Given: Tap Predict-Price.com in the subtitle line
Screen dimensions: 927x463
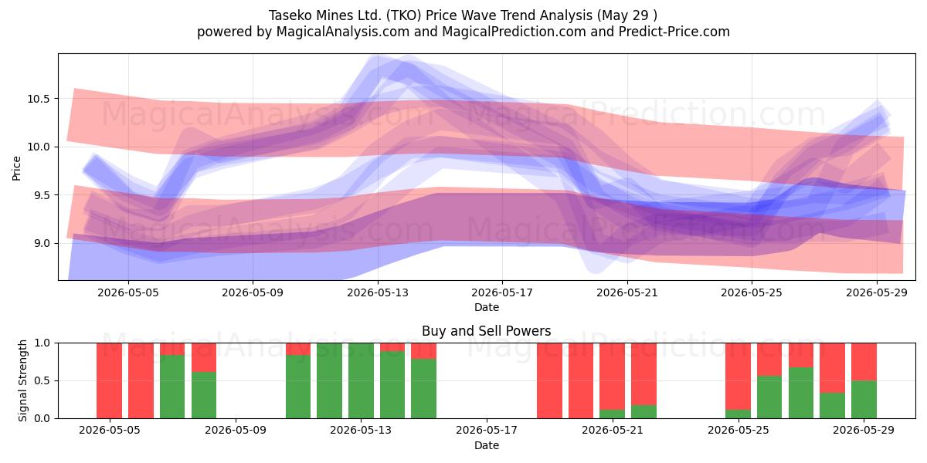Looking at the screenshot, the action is click(674, 32).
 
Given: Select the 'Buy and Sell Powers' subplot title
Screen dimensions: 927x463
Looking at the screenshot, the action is click(486, 331).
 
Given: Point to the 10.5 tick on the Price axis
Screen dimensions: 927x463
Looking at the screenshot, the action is click(39, 99).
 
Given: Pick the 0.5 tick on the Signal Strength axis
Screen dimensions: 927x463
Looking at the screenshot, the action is click(42, 380).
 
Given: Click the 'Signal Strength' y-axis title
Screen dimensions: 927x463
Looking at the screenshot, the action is click(22, 380).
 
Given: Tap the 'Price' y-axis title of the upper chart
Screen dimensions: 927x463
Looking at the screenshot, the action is click(16, 168).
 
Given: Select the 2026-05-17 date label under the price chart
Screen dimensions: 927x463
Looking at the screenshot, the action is click(502, 292).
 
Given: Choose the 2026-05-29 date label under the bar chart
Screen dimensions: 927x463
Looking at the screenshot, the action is click(864, 431).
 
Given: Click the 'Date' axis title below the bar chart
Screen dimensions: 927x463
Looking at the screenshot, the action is click(486, 446).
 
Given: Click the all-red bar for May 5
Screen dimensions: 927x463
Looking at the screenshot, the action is click(109, 380).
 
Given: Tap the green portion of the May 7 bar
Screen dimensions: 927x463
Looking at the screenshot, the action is click(172, 387).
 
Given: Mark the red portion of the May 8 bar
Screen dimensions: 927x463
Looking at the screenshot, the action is click(204, 357).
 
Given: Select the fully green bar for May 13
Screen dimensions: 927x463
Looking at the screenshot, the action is click(361, 380).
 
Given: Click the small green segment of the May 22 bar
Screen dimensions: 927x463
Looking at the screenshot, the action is click(643, 412).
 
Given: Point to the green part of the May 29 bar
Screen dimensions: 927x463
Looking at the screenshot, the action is click(864, 400).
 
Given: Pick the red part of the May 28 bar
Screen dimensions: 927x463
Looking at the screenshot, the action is click(832, 368).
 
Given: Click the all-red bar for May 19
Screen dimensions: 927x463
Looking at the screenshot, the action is click(549, 380).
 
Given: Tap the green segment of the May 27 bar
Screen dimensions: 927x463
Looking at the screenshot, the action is click(801, 393).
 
